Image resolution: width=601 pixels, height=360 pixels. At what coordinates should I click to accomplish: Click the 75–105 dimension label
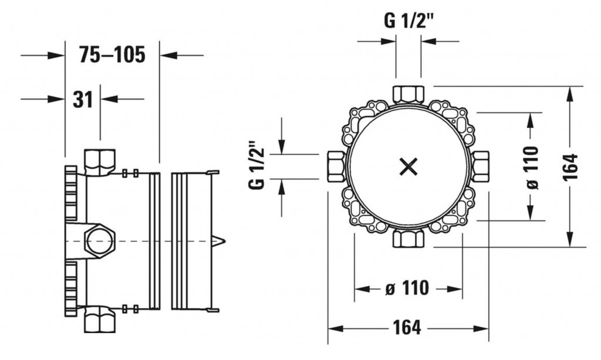(x=112, y=55)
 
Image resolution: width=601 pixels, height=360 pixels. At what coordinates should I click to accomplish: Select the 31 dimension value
(x=83, y=100)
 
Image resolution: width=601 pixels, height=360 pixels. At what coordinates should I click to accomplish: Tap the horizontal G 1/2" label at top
(x=408, y=21)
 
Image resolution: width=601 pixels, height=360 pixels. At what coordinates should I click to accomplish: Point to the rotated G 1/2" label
(x=257, y=166)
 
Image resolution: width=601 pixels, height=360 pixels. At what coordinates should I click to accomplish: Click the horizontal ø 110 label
(x=407, y=288)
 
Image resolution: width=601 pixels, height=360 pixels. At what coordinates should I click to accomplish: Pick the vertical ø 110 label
(x=532, y=167)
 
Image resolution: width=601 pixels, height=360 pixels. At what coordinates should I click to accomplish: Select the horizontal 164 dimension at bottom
(x=407, y=328)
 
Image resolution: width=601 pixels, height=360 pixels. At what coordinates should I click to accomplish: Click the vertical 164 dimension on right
(x=570, y=167)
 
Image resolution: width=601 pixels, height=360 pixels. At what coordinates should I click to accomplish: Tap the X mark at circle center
(x=408, y=167)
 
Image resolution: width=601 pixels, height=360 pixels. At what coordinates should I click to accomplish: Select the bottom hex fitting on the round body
(x=408, y=238)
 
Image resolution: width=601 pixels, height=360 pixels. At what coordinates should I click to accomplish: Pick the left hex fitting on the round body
(x=336, y=167)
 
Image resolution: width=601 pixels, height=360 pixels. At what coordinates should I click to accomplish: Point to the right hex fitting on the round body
(x=480, y=167)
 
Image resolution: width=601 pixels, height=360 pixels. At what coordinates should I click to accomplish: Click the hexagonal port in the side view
(x=100, y=241)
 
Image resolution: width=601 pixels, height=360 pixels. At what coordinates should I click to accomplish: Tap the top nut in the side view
(x=100, y=161)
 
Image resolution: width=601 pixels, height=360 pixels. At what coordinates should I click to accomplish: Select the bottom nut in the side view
(x=100, y=320)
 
